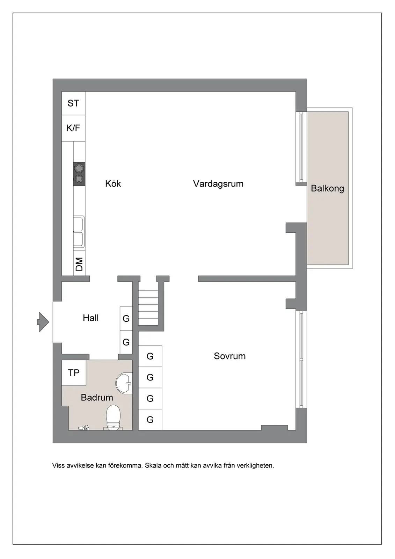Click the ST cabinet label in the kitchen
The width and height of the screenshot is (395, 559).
73,103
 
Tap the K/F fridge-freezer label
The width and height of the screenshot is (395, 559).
73,128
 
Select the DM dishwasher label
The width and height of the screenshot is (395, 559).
79,264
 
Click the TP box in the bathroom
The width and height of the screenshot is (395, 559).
74,373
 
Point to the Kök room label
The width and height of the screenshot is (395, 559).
113,184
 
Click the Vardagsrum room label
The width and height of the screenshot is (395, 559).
218,184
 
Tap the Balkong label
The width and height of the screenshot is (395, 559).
327,188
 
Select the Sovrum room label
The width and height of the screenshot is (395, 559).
229,356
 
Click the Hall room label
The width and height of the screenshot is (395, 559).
90,318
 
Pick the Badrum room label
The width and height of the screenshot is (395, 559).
97,397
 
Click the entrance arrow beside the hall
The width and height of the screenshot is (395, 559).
43,322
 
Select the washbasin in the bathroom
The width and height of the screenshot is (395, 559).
124,383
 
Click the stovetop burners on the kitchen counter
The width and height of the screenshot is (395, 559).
79,174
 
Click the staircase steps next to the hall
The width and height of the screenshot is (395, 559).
148,308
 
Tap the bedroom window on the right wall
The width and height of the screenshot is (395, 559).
301,360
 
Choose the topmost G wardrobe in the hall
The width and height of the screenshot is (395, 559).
126,318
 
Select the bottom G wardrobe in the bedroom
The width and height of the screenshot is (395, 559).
150,420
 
